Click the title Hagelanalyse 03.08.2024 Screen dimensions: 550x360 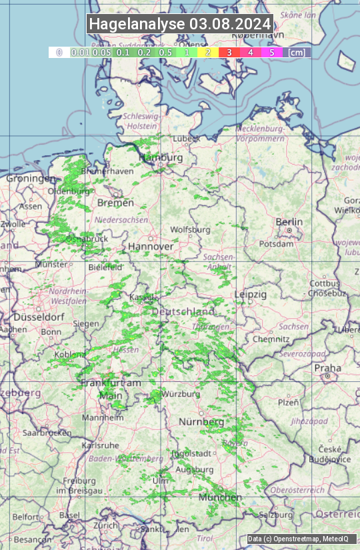tap(180, 24)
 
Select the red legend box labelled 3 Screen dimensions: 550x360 tap(229, 52)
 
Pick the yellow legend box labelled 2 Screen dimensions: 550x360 tap(208, 52)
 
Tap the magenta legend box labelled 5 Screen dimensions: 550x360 tap(271, 52)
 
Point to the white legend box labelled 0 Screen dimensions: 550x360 tap(59, 52)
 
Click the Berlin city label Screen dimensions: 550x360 tap(289, 222)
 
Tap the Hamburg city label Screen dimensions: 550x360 tap(161, 157)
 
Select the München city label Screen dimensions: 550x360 tap(219, 497)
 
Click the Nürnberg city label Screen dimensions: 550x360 tap(201, 422)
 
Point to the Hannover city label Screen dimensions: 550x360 tap(151, 247)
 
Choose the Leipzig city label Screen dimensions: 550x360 tap(251, 294)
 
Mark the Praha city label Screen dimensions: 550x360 tap(327, 368)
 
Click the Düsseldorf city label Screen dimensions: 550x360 tap(31, 317)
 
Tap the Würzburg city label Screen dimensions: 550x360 tap(180, 394)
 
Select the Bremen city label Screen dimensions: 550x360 tap(115, 203)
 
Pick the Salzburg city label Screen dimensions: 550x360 tap(276, 515)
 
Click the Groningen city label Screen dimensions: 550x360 tap(31, 179)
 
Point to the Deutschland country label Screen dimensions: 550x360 tap(183, 312)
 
